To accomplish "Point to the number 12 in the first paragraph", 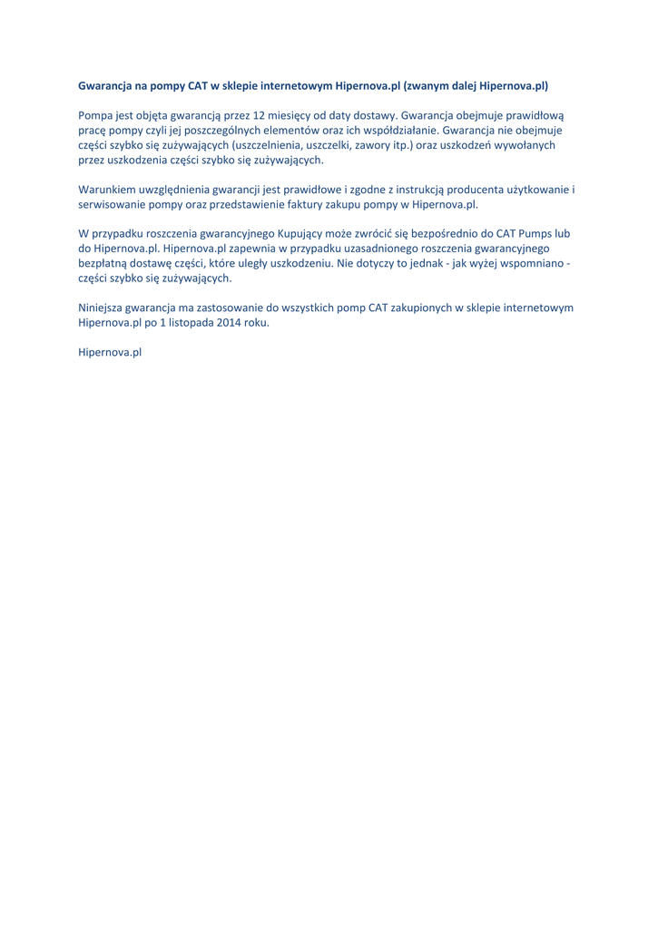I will tap(261, 115).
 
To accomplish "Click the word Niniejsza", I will tap(104, 308).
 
